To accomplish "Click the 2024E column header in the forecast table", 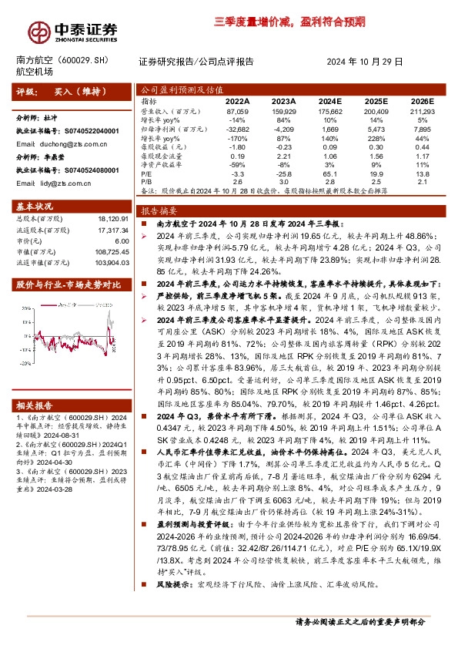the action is tap(329, 101).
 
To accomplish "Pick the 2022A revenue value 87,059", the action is tap(239, 112).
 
